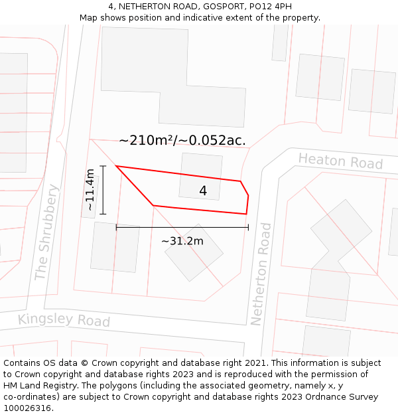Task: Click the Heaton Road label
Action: point(340,161)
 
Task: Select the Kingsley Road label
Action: point(64,319)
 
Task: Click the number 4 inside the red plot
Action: point(203,191)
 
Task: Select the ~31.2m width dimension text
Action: point(182,241)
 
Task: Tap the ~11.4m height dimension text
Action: point(90,190)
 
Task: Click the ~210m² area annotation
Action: point(182,140)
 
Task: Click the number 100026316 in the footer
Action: point(29,408)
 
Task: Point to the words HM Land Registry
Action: point(35,386)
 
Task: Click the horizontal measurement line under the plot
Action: point(182,227)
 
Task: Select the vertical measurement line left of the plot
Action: point(103,190)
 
